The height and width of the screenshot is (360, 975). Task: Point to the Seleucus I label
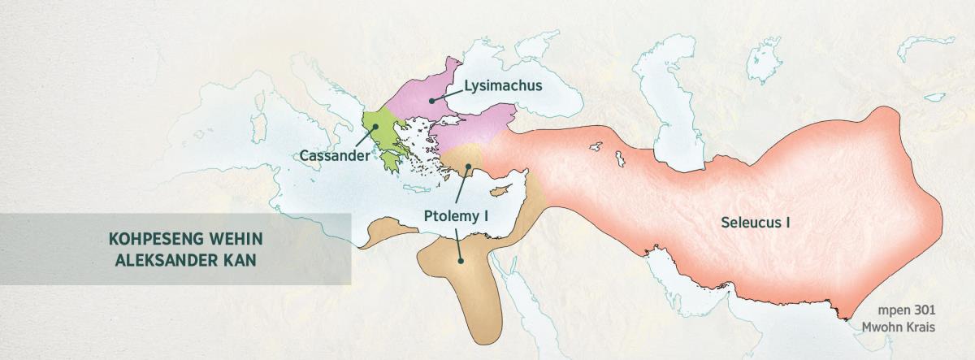pos(756,221)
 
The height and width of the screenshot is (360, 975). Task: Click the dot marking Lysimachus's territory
pos(432,99)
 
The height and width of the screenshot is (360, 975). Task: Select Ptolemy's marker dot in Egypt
pos(461,262)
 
